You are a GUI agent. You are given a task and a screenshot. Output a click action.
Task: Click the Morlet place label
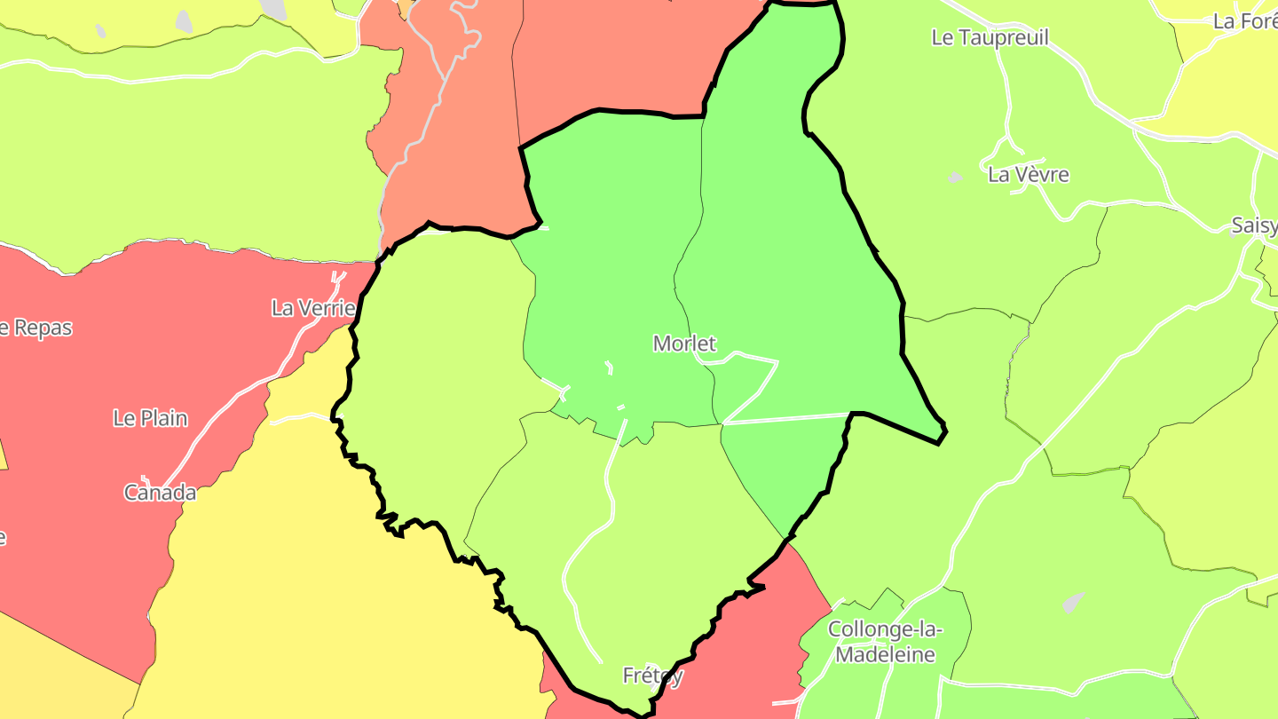click(684, 344)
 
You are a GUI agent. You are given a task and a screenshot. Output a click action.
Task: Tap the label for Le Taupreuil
click(990, 37)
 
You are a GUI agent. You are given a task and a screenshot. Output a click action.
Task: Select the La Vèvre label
click(1028, 175)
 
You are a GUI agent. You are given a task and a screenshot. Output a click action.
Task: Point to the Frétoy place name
click(652, 676)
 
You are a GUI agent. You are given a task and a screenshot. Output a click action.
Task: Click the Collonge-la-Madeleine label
click(885, 629)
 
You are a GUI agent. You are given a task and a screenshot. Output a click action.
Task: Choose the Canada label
click(160, 493)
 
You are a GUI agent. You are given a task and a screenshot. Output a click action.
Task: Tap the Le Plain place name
click(150, 418)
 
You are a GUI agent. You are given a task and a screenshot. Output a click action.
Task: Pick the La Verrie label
click(313, 309)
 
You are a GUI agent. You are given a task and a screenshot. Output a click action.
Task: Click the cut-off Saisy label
click(1254, 225)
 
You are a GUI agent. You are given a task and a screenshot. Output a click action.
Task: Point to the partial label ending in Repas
click(35, 328)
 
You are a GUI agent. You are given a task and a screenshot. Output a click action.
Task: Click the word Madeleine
click(886, 655)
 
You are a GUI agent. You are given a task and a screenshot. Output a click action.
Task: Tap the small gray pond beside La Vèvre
click(955, 178)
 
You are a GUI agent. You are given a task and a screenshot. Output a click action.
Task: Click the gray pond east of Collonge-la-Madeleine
click(1073, 603)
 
